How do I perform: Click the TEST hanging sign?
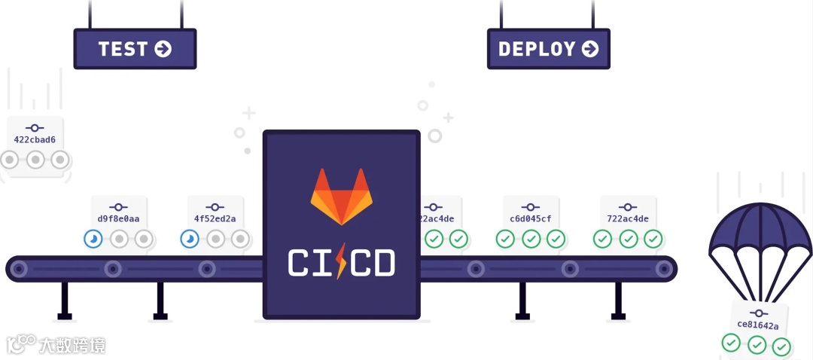coord(135,49)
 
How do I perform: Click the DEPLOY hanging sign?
coord(548,49)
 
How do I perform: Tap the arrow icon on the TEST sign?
coord(163,49)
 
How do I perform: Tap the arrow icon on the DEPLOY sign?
coord(590,49)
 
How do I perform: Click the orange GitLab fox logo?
coord(341,197)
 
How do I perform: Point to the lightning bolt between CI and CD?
coord(341,261)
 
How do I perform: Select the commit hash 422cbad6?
coord(35,139)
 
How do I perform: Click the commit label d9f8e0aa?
coord(118,219)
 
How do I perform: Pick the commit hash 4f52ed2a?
coord(215,219)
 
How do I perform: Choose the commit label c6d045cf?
coord(531,219)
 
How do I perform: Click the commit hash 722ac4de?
coord(627,219)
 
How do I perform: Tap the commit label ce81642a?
coord(757,325)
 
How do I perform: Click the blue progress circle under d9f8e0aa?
coord(93,239)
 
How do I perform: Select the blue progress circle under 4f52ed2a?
coord(190,239)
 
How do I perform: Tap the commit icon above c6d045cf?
coord(531,206)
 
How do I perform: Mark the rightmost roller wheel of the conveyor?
coord(663,268)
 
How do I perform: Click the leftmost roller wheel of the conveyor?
coord(19,268)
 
